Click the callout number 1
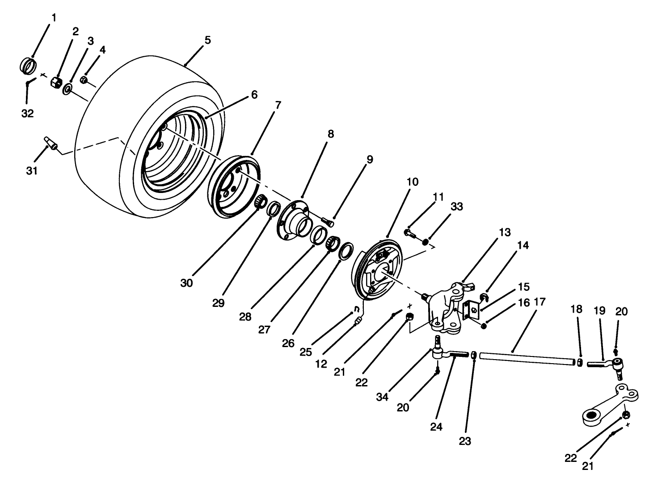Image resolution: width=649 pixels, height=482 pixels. (54, 18)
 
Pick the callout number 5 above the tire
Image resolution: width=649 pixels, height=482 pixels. (207, 40)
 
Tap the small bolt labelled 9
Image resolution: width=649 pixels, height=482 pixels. (328, 221)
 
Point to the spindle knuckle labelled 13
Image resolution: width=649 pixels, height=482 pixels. (447, 308)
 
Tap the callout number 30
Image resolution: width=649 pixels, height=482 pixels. (186, 283)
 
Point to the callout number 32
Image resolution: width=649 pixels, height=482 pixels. (27, 113)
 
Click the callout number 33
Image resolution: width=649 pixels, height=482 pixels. (456, 206)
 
